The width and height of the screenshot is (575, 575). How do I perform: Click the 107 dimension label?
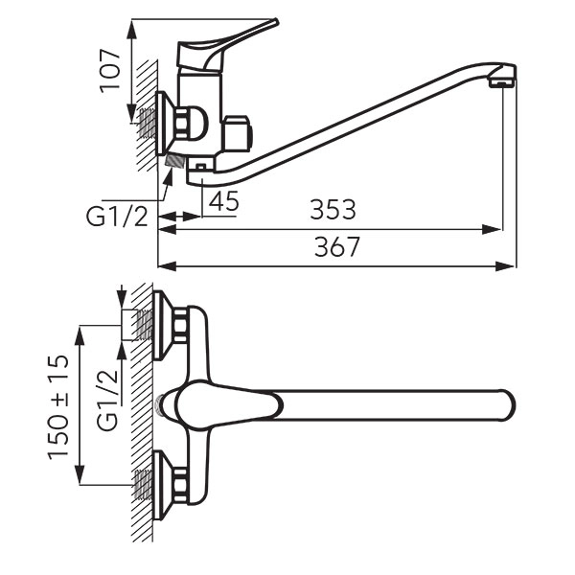coord(110,70)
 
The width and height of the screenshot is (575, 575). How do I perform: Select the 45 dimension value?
coord(223,201)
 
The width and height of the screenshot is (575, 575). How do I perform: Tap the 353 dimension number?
coord(333,210)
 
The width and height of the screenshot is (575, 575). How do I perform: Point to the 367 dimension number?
coord(337,247)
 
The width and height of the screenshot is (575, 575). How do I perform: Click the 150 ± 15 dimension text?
coord(58,407)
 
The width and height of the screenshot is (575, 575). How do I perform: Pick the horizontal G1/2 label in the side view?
coord(117,217)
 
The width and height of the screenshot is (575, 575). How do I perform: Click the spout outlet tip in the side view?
coord(502,83)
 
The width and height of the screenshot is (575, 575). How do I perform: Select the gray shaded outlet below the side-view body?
coord(174,160)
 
